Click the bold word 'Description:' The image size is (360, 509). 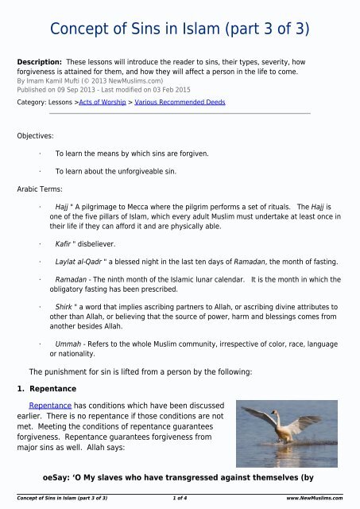point(41,60)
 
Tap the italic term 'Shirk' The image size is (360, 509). point(65,306)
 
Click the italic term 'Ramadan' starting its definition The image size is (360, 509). point(73,280)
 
